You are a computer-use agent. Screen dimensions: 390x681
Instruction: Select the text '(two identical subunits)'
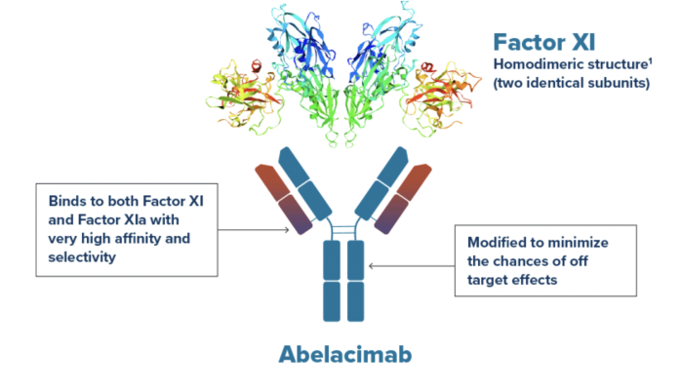[571, 83]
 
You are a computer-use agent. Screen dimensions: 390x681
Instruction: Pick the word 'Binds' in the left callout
[68, 200]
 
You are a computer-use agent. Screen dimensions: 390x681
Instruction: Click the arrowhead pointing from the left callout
[288, 231]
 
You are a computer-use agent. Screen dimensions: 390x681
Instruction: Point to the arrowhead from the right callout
[370, 263]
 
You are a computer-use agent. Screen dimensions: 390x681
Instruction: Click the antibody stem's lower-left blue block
[331, 302]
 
